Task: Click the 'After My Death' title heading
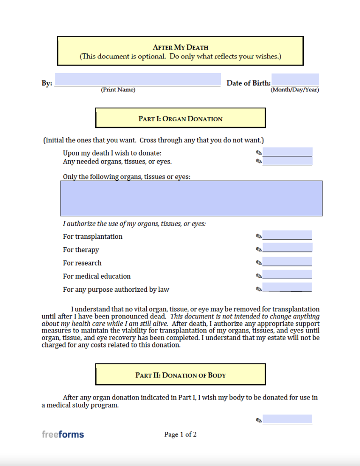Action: (180, 47)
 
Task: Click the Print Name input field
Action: (137, 80)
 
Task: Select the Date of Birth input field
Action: (295, 80)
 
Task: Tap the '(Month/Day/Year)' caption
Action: (295, 90)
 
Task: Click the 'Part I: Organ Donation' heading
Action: (180, 118)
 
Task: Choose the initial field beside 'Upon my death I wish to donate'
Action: (287, 152)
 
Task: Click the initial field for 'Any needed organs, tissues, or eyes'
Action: (287, 161)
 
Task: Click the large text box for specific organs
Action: (191, 198)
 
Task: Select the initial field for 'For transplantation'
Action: (287, 235)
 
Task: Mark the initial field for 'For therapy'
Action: (287, 248)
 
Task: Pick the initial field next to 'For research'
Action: (287, 261)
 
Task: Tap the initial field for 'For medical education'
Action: (287, 274)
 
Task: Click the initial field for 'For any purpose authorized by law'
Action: (287, 288)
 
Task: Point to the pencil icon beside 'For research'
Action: (259, 263)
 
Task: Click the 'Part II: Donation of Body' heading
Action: (180, 375)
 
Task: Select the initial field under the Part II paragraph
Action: (287, 419)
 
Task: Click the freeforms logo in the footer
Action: (63, 435)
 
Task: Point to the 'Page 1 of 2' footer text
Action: (180, 435)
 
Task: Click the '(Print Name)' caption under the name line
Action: (118, 90)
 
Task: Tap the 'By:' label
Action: (47, 83)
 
